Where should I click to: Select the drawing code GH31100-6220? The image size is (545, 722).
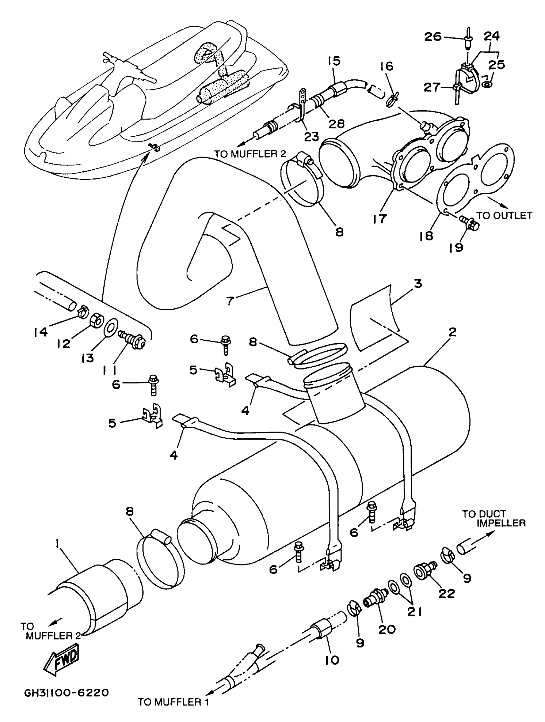(x=66, y=701)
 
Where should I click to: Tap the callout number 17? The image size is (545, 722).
(x=380, y=218)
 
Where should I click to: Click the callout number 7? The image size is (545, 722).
(x=230, y=300)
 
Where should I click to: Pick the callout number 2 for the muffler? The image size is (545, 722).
(x=452, y=333)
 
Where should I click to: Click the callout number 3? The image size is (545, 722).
(x=418, y=284)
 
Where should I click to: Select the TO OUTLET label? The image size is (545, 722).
(x=504, y=215)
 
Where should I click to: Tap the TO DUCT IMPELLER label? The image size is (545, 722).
(x=493, y=519)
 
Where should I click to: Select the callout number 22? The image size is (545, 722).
(x=447, y=593)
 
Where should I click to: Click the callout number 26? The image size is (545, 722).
(x=433, y=37)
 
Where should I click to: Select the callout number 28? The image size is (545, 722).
(x=337, y=124)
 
